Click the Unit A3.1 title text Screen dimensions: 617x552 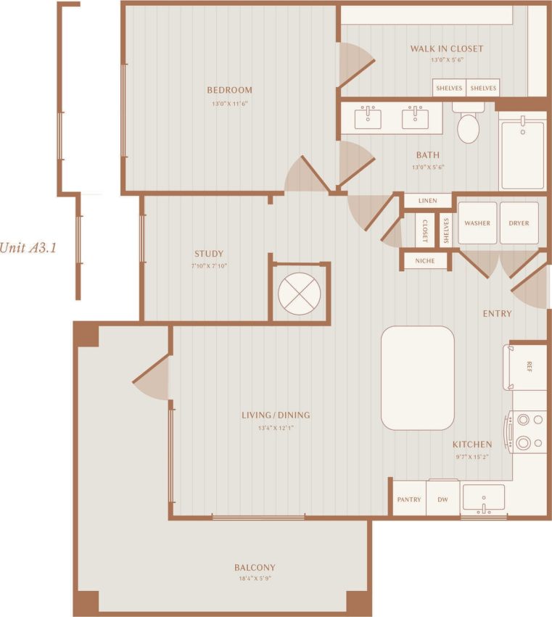point(28,247)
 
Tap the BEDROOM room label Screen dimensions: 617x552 point(229,90)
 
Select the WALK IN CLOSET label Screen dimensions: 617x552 point(446,49)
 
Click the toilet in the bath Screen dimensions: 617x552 point(469,128)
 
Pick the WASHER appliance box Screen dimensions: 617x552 point(477,223)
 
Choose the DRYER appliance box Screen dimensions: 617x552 point(519,223)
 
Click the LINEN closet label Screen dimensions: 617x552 point(427,201)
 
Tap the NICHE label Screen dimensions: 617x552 point(425,260)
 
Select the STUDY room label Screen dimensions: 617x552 point(209,254)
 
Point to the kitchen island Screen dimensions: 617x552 point(418,378)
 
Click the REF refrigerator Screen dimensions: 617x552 point(527,367)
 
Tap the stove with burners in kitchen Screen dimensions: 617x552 point(527,431)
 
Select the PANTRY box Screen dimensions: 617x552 point(409,500)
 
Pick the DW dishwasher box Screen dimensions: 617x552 point(442,500)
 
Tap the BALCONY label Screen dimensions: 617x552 point(255,567)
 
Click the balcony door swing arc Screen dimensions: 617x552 point(152,378)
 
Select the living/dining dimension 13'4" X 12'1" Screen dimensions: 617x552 point(276,428)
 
